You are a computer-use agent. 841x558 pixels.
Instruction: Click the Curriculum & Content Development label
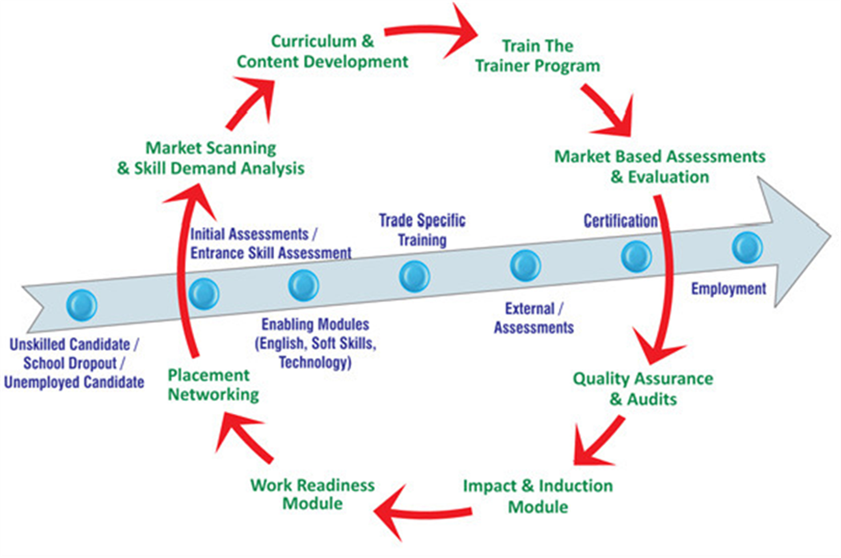[323, 51]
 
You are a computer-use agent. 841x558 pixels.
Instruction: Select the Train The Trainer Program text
[537, 56]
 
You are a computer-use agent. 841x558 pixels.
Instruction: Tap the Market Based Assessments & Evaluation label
[659, 167]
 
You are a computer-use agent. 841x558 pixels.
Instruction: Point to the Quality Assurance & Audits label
[643, 389]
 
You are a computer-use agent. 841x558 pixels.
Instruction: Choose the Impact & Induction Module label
[538, 495]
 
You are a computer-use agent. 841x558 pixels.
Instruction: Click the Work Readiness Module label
[312, 494]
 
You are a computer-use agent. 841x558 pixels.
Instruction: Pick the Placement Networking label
[213, 384]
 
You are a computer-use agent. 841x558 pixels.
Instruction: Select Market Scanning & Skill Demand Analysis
[211, 158]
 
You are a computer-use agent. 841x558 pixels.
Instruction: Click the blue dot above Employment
[747, 247]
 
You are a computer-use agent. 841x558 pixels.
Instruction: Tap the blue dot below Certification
[636, 257]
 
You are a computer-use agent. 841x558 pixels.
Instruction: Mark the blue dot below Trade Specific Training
[414, 276]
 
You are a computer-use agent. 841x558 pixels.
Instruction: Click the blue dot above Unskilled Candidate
[82, 305]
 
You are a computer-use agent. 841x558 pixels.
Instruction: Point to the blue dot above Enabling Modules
[304, 285]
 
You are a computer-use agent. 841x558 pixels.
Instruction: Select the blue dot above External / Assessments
[525, 265]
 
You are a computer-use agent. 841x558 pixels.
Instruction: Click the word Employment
[728, 289]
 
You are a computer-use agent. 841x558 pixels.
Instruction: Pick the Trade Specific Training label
[422, 230]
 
